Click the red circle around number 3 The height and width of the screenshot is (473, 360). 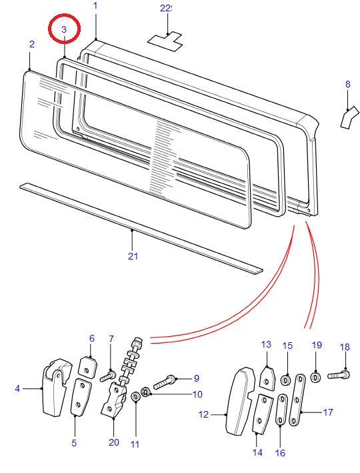(65, 29)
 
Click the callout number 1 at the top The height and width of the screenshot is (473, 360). (95, 6)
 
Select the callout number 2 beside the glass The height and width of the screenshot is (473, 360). (31, 44)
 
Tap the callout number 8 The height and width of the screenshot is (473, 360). (347, 84)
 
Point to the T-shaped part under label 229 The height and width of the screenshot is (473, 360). (165, 41)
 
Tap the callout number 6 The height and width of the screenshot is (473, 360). (92, 338)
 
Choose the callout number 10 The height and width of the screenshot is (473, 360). (197, 394)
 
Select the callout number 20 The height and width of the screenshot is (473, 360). (113, 442)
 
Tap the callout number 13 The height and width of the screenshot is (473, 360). (266, 344)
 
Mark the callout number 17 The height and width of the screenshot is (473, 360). (327, 412)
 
